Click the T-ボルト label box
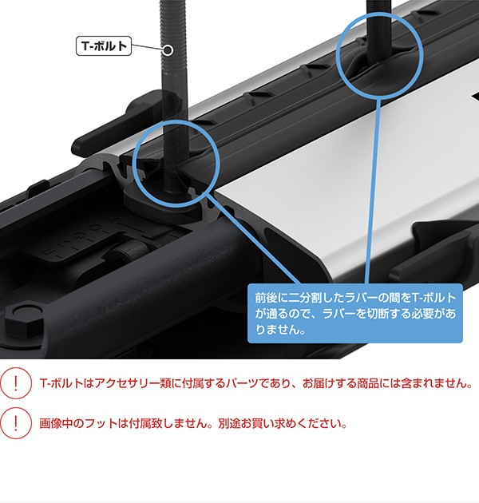[104, 46]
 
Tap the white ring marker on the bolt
[168, 50]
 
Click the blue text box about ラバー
[355, 313]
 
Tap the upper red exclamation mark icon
[16, 383]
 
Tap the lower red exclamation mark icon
[16, 423]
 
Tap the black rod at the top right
[381, 31]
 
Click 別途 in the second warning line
[229, 423]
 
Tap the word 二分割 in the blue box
[304, 298]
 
